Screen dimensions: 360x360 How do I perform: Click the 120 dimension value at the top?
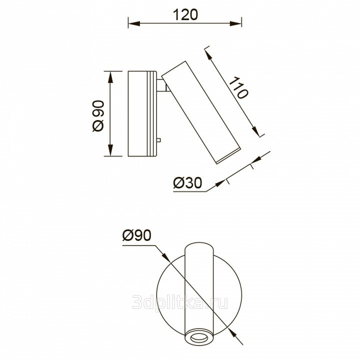(x=185, y=14)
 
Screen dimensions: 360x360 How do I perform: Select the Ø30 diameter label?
(x=188, y=183)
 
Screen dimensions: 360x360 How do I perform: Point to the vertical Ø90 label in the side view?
(x=98, y=116)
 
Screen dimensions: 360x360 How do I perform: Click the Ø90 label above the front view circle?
(x=137, y=235)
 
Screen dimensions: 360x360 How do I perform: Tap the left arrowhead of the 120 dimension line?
(x=134, y=23)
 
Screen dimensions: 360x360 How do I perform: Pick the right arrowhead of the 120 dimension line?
(x=235, y=23)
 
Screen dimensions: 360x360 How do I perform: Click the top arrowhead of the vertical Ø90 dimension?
(x=110, y=77)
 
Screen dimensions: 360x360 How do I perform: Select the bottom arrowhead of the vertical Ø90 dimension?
(x=110, y=150)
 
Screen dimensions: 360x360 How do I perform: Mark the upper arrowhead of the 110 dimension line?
(x=208, y=55)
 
